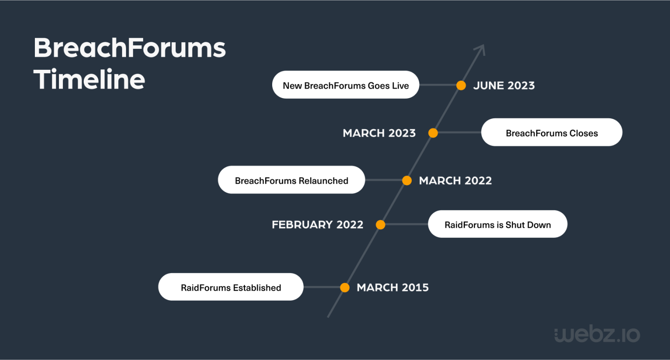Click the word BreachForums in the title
[x=130, y=48]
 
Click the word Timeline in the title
[x=89, y=79]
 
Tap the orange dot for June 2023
[x=461, y=86]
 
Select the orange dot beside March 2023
[x=433, y=133]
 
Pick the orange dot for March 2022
[x=407, y=181]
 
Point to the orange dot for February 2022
[x=381, y=225]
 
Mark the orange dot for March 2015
[x=345, y=288]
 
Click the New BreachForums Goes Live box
[x=345, y=85]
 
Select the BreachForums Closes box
[x=551, y=133]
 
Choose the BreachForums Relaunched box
[x=291, y=180]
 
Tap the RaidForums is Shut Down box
[x=497, y=224]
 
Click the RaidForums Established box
[x=231, y=287]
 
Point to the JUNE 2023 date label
[x=504, y=86]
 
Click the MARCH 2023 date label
[x=379, y=133]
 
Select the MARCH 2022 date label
[x=455, y=181]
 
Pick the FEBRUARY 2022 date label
[x=318, y=225]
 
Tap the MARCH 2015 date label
[x=393, y=288]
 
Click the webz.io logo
[x=597, y=334]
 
